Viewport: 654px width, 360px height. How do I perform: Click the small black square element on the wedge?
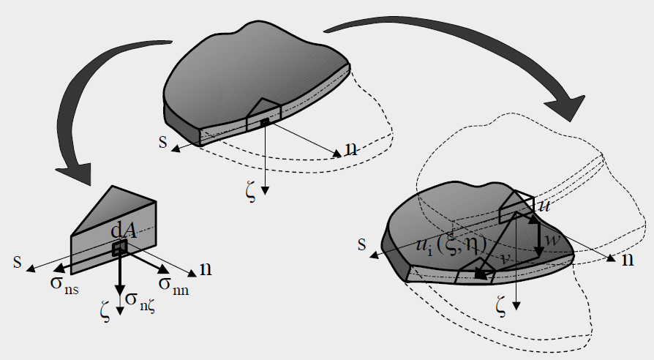tap(117, 250)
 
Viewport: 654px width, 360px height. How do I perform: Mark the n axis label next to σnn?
tap(206, 270)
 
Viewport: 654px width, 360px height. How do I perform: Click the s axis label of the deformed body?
tap(361, 244)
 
